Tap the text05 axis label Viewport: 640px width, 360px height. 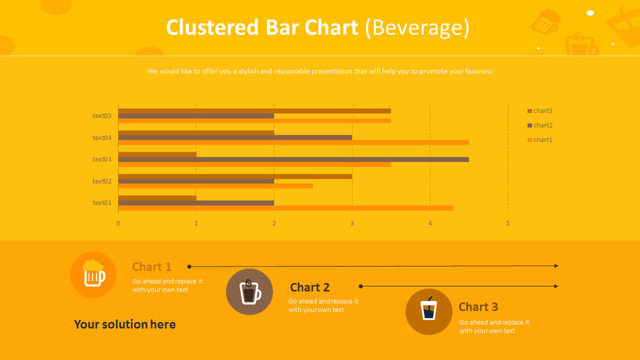(x=102, y=116)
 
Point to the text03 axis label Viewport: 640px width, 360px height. (x=102, y=159)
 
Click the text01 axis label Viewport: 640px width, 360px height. (x=102, y=203)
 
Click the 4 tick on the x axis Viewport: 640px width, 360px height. (x=430, y=223)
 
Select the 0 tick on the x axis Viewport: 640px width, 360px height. (x=118, y=223)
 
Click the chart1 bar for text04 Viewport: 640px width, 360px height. (x=293, y=142)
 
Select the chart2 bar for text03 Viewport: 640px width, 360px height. (x=293, y=159)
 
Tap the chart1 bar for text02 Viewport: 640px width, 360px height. (x=215, y=186)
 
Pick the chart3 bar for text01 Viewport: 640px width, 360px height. (x=157, y=198)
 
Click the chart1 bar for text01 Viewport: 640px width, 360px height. (x=285, y=208)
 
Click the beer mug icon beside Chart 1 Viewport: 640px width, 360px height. (x=93, y=275)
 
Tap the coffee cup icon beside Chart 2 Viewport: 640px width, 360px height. (x=249, y=292)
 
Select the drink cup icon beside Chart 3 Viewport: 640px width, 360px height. (x=429, y=311)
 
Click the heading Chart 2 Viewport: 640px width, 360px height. (x=310, y=287)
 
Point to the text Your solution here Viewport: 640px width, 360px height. (x=124, y=324)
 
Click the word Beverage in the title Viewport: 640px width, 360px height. (x=417, y=27)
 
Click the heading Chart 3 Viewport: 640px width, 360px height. (x=478, y=307)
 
